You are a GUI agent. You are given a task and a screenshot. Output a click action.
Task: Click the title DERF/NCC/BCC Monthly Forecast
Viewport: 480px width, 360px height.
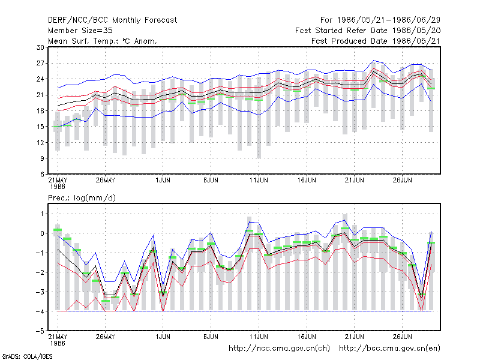(112, 20)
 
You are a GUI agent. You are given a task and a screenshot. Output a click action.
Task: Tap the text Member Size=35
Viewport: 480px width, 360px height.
(80, 31)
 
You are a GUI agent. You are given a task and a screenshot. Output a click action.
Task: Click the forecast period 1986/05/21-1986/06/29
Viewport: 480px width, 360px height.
(380, 20)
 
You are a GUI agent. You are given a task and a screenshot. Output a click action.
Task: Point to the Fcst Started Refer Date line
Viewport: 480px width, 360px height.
(368, 31)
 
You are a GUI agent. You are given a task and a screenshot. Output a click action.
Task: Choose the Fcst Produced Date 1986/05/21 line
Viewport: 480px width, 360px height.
(376, 41)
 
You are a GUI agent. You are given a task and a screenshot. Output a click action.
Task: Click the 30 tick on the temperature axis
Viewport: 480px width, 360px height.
(40, 47)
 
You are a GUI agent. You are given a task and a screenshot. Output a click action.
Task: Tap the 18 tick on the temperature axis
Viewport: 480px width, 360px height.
(40, 111)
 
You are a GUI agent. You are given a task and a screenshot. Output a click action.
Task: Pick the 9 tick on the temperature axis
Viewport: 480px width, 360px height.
(42, 158)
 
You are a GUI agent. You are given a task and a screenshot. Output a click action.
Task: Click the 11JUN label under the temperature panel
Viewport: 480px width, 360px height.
(259, 180)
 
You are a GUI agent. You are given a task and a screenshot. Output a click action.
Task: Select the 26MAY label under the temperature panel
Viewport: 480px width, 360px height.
(106, 180)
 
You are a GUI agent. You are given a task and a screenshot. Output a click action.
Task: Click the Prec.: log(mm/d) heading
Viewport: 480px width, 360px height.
(82, 198)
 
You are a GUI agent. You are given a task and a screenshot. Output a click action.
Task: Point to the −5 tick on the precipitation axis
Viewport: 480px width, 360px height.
(40, 331)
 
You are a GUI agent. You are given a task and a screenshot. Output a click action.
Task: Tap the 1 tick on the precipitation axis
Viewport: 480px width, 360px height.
(43, 214)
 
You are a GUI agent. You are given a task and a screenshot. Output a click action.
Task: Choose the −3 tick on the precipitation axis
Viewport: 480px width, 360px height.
(40, 292)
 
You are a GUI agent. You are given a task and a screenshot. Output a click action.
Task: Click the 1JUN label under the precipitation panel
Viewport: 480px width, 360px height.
(163, 337)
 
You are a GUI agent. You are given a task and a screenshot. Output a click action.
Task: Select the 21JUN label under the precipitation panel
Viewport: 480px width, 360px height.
(355, 337)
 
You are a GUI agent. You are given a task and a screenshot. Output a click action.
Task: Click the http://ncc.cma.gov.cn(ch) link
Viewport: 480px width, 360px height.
(279, 349)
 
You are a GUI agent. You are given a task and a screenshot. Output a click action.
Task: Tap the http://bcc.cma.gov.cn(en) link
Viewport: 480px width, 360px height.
(389, 349)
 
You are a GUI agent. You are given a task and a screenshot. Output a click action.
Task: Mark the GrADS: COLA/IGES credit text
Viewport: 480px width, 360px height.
(27, 356)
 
